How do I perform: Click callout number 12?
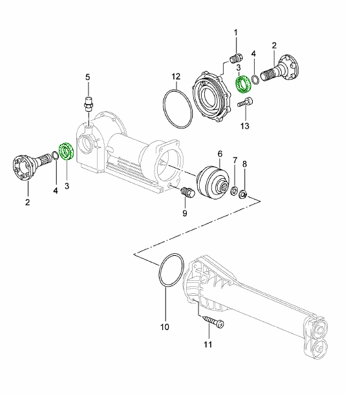click(176, 76)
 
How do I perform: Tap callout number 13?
click(244, 126)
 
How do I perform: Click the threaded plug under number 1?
click(236, 59)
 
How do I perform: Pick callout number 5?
click(87, 77)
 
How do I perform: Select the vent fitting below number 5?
click(89, 104)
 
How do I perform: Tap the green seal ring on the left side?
click(67, 151)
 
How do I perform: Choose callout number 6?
click(220, 154)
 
